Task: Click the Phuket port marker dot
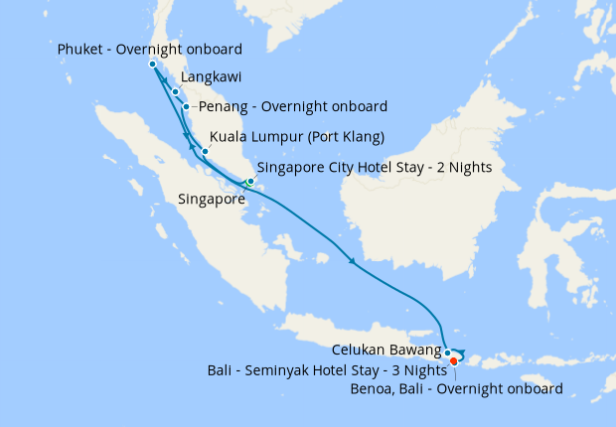[x=152, y=65]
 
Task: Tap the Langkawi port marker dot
[x=175, y=92]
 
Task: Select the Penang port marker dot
[x=186, y=106]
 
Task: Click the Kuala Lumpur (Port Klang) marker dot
[x=205, y=152]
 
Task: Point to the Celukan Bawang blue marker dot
[x=448, y=353]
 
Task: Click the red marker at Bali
[x=454, y=361]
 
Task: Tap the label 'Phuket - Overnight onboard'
[x=150, y=50]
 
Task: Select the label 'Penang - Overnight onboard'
[x=293, y=106]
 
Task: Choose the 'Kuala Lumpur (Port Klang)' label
[x=297, y=136]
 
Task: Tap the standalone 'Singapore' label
[x=211, y=200]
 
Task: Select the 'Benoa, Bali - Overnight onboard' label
[x=457, y=389]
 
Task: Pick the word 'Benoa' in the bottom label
[x=374, y=389]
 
